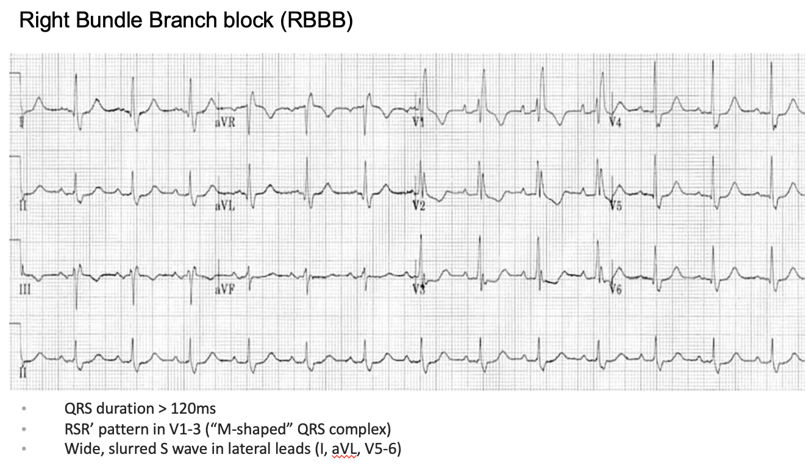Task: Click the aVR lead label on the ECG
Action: [225, 122]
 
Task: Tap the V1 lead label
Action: [418, 122]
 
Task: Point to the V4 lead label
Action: [616, 123]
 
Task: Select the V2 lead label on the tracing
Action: [418, 206]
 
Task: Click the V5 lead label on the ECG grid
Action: [616, 206]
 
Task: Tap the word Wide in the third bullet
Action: [79, 450]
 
